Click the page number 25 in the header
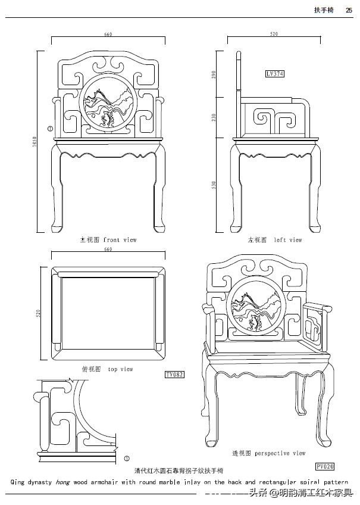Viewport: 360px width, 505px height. [x=348, y=10]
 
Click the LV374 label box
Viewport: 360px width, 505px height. [x=275, y=74]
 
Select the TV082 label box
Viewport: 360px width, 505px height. [x=174, y=375]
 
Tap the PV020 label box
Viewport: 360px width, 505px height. [x=324, y=466]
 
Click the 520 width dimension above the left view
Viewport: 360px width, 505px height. [x=274, y=34]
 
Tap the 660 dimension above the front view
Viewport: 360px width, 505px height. [x=108, y=34]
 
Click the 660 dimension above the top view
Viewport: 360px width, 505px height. [x=108, y=250]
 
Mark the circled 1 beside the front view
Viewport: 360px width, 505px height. [x=50, y=127]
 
